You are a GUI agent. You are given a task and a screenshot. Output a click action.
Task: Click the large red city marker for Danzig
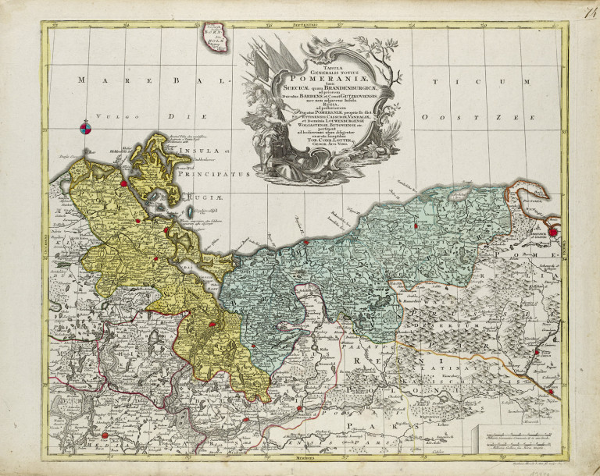[554, 231]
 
